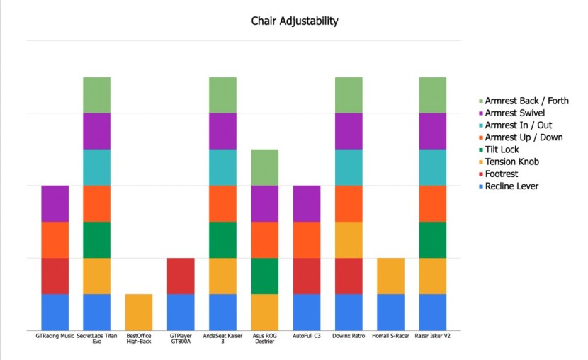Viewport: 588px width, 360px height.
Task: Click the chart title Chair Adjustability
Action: point(295,21)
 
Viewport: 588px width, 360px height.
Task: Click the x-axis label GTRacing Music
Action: point(55,335)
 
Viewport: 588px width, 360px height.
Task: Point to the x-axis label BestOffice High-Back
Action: point(139,339)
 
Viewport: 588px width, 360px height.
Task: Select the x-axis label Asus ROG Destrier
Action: point(264,339)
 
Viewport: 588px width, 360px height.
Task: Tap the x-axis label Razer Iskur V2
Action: point(432,335)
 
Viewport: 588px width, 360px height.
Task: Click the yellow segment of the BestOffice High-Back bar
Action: point(139,311)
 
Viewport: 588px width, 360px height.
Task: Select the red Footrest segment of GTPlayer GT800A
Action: point(181,276)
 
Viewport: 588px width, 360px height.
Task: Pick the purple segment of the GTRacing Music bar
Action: point(55,203)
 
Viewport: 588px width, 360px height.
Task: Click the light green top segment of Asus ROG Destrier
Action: point(264,167)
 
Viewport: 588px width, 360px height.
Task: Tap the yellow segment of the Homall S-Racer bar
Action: point(390,276)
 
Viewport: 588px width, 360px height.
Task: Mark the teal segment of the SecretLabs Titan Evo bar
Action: point(97,167)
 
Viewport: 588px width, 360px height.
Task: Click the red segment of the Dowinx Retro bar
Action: point(349,276)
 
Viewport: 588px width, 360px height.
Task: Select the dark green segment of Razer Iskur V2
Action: point(432,240)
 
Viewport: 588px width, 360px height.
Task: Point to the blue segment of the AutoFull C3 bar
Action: point(307,311)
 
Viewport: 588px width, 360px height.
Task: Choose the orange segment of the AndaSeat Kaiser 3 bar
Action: point(222,203)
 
